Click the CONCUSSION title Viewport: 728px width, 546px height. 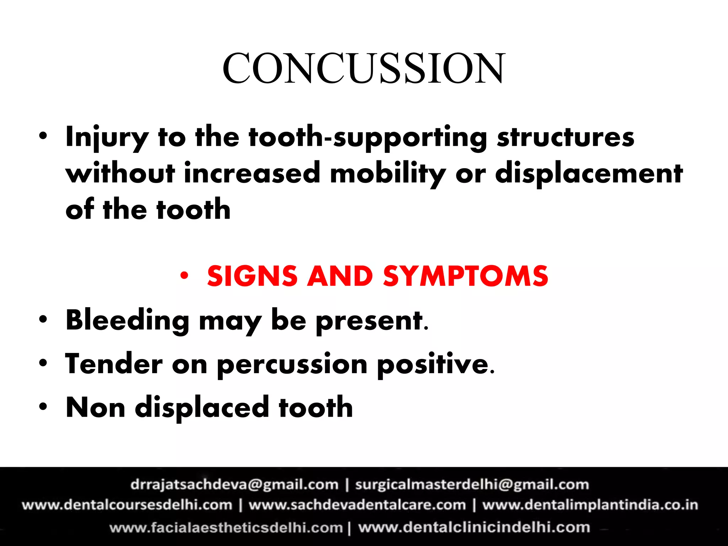363,68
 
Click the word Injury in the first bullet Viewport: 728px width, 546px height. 107,138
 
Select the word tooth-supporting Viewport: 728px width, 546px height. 368,138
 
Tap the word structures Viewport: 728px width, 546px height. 565,138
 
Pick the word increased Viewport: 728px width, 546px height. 252,173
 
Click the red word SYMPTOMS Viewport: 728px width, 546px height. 466,277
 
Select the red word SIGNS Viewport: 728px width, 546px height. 252,277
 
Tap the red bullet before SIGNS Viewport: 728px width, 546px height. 184,275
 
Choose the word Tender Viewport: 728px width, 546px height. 114,364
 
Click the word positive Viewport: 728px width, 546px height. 435,365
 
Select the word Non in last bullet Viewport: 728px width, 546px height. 95,407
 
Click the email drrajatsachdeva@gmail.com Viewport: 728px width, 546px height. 235,485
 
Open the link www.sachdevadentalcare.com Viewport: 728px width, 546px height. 357,505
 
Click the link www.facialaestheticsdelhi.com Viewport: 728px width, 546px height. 226,528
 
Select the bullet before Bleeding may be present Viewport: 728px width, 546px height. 43,319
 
